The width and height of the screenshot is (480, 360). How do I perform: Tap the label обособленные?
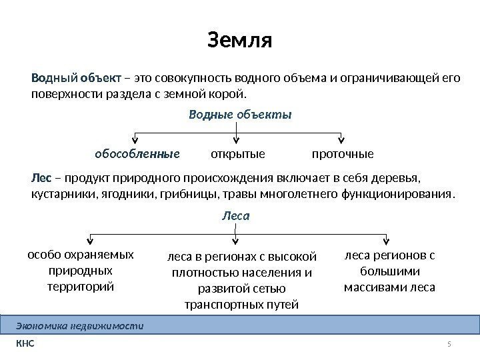tap(138, 155)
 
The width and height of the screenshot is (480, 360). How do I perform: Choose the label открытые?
tap(237, 155)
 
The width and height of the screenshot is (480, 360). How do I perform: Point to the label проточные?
tap(343, 155)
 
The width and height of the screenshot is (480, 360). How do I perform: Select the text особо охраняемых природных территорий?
tap(81, 271)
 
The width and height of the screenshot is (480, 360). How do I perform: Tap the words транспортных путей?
tap(241, 305)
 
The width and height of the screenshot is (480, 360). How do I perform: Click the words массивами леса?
tap(389, 287)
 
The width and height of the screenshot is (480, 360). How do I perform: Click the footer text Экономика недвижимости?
tap(79, 325)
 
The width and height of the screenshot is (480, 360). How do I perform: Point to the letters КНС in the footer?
tap(24, 344)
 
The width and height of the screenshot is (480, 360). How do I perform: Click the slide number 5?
tap(449, 344)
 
